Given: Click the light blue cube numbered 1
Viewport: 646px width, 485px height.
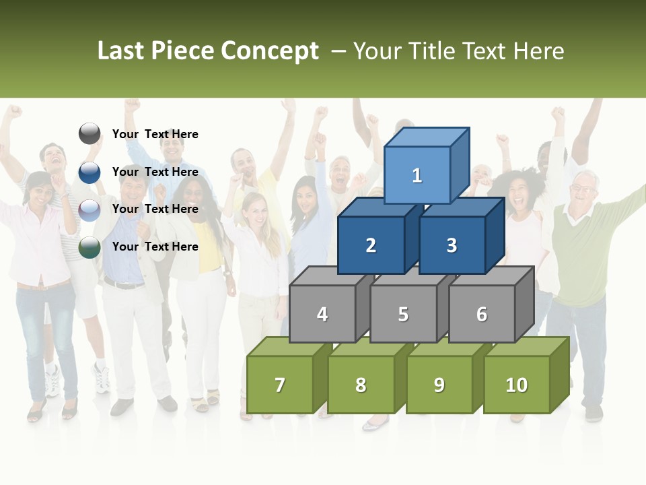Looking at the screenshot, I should click(417, 175).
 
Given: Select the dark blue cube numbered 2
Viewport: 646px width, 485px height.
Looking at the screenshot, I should click(371, 245).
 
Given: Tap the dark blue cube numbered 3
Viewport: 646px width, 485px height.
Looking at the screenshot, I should click(452, 245).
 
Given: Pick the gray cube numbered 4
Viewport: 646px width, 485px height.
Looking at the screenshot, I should click(322, 314).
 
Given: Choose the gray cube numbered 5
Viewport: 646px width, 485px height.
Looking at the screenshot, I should click(403, 314).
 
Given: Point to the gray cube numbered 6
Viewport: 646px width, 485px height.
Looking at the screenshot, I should click(482, 314).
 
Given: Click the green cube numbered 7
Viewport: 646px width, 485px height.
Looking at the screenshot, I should click(280, 385).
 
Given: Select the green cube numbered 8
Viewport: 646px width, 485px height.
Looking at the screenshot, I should click(361, 385).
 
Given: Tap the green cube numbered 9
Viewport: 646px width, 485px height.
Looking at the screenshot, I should click(439, 385).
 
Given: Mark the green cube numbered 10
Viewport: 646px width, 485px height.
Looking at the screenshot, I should click(516, 385).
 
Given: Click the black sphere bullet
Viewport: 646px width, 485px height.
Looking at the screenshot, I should click(89, 134).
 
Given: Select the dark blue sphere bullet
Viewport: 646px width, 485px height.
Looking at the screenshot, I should click(89, 172).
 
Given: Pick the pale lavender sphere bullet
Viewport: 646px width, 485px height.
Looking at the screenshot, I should click(89, 209).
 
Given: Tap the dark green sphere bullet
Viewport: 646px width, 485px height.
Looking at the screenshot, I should click(89, 247).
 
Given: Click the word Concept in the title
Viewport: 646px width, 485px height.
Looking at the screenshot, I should click(270, 51).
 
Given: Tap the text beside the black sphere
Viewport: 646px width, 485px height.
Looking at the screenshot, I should click(155, 134).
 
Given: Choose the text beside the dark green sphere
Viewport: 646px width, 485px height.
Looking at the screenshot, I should click(155, 247).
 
